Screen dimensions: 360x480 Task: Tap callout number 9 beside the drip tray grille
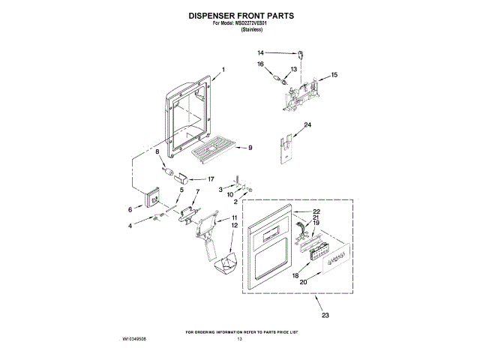click(x=250, y=148)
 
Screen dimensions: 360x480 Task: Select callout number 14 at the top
click(x=260, y=52)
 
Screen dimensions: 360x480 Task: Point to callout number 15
click(x=334, y=75)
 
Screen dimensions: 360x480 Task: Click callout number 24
click(x=307, y=124)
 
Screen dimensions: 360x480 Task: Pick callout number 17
click(x=211, y=179)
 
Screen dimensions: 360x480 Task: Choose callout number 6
click(x=129, y=210)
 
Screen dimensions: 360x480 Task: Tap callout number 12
click(x=234, y=226)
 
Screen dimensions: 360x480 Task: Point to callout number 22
click(x=316, y=211)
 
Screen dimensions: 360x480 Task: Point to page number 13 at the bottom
click(x=240, y=339)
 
